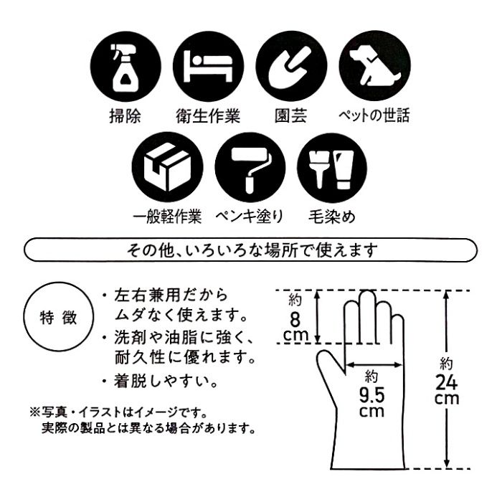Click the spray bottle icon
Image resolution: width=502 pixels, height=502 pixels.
pos(126,67)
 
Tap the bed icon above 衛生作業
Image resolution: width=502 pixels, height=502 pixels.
pos(209,67)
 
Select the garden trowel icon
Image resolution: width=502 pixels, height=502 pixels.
pos(291,66)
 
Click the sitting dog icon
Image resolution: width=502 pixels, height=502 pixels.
pos(374,66)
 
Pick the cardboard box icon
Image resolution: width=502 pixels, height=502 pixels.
pos(167,167)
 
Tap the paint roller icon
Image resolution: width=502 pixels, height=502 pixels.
pos(250,167)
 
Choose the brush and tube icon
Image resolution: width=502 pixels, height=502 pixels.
pos(332,167)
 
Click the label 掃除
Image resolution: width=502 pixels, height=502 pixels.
pos(126,115)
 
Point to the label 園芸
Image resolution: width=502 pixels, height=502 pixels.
pos(291,115)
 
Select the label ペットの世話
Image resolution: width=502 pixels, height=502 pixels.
pos(374,115)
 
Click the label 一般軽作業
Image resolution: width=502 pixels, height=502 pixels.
pos(167,217)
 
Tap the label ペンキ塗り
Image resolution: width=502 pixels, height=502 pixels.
pos(250,217)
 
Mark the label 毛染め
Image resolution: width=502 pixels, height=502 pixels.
pos(332,217)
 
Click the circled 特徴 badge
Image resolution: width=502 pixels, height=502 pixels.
pos(59,317)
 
